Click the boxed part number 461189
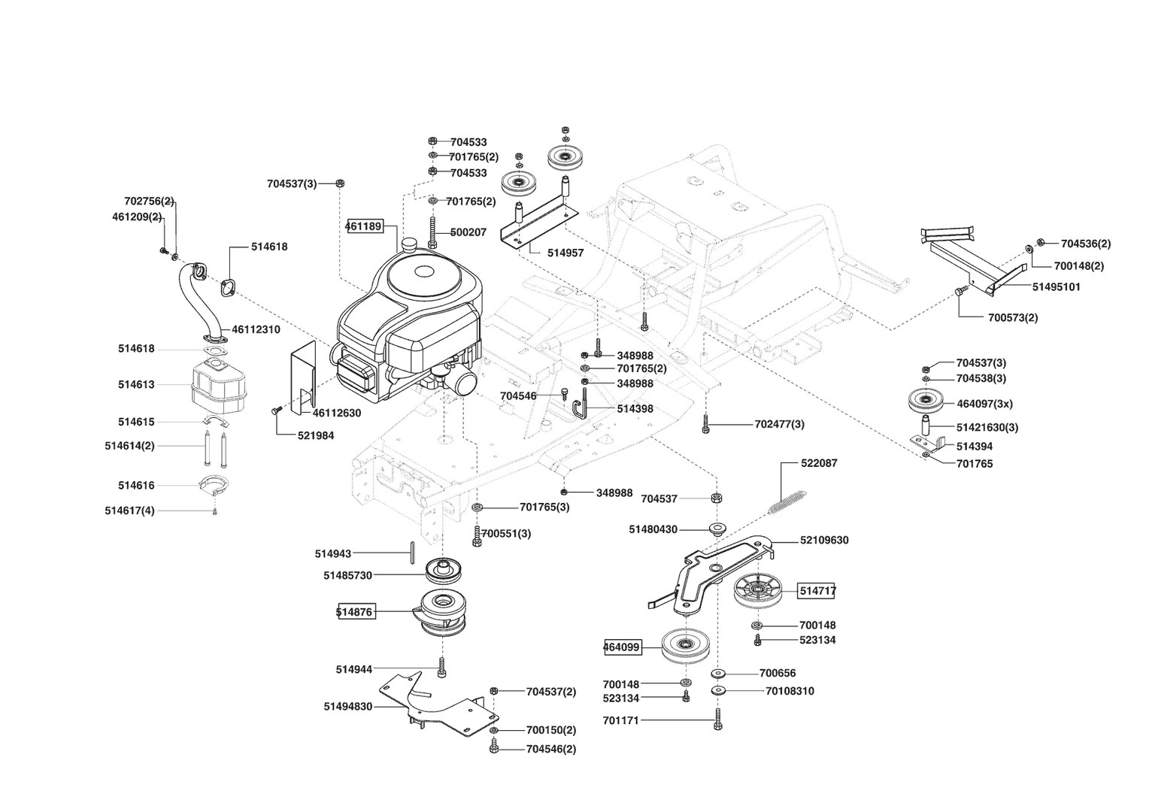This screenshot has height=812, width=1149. click(x=364, y=226)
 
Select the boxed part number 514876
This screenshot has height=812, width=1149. click(x=354, y=612)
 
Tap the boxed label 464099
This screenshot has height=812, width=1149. click(x=621, y=646)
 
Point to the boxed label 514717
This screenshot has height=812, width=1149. click(x=817, y=591)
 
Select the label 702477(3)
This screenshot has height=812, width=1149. click(x=779, y=425)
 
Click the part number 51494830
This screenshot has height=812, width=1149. click(x=348, y=707)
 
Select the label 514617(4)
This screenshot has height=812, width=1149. click(x=129, y=511)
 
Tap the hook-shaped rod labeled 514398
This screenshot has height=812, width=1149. click(x=582, y=402)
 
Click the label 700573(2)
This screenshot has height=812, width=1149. click(x=1013, y=317)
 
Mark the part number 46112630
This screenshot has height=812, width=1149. click(x=336, y=413)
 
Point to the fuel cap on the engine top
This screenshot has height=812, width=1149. click(x=410, y=244)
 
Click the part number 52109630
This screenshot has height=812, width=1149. click(x=824, y=541)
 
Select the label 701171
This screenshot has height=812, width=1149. click(x=620, y=721)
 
